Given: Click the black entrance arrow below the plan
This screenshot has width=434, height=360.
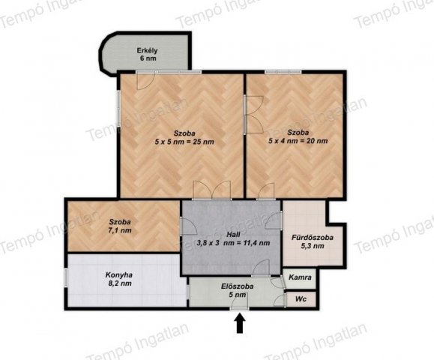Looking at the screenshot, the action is coord(240,322).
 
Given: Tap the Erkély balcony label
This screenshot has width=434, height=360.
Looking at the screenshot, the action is coord(147,51).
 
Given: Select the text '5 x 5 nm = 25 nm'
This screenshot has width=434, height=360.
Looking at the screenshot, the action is coord(184,142).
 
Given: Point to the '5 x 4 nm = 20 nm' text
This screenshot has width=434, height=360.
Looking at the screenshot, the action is coord(298,141).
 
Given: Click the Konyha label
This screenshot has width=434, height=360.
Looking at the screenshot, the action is coord(118,275).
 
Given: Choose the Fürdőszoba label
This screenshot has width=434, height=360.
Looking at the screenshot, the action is coord(313,238).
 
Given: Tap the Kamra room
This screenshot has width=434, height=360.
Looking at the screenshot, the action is coord(300,278).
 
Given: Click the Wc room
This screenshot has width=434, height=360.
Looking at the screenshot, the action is coord(301,299).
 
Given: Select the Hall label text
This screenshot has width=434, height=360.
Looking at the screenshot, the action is coord(233,235).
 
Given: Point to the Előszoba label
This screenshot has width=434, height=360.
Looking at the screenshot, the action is coord(237,286).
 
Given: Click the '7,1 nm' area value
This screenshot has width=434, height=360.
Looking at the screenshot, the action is coord(120,230).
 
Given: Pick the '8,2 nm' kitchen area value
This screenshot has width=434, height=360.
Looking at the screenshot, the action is coord(120,283).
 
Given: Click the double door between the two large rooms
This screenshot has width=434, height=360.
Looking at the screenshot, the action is coord(253,115).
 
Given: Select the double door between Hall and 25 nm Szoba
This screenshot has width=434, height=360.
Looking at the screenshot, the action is coord(212,190).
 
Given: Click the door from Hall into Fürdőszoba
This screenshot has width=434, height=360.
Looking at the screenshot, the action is coord(274,220).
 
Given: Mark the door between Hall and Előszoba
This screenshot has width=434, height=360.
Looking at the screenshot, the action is coord(261,268).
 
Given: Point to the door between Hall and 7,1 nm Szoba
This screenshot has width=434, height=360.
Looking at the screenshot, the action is coord(188,226).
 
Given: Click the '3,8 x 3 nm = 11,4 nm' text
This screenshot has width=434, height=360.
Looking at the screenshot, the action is coord(233,243).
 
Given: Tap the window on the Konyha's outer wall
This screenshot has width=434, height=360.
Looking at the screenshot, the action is coord(66,277).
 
